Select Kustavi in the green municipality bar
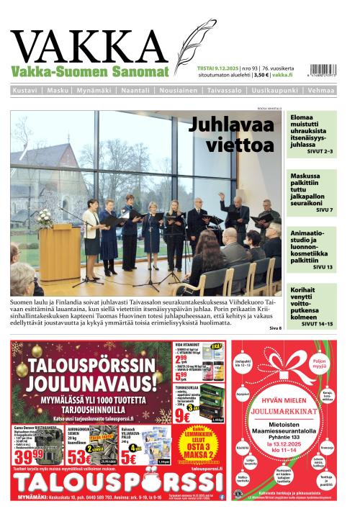26,91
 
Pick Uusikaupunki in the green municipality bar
275,91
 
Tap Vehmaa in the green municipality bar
320,91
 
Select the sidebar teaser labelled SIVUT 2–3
312,134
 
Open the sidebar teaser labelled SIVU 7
312,193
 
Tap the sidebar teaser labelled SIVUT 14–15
312,306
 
